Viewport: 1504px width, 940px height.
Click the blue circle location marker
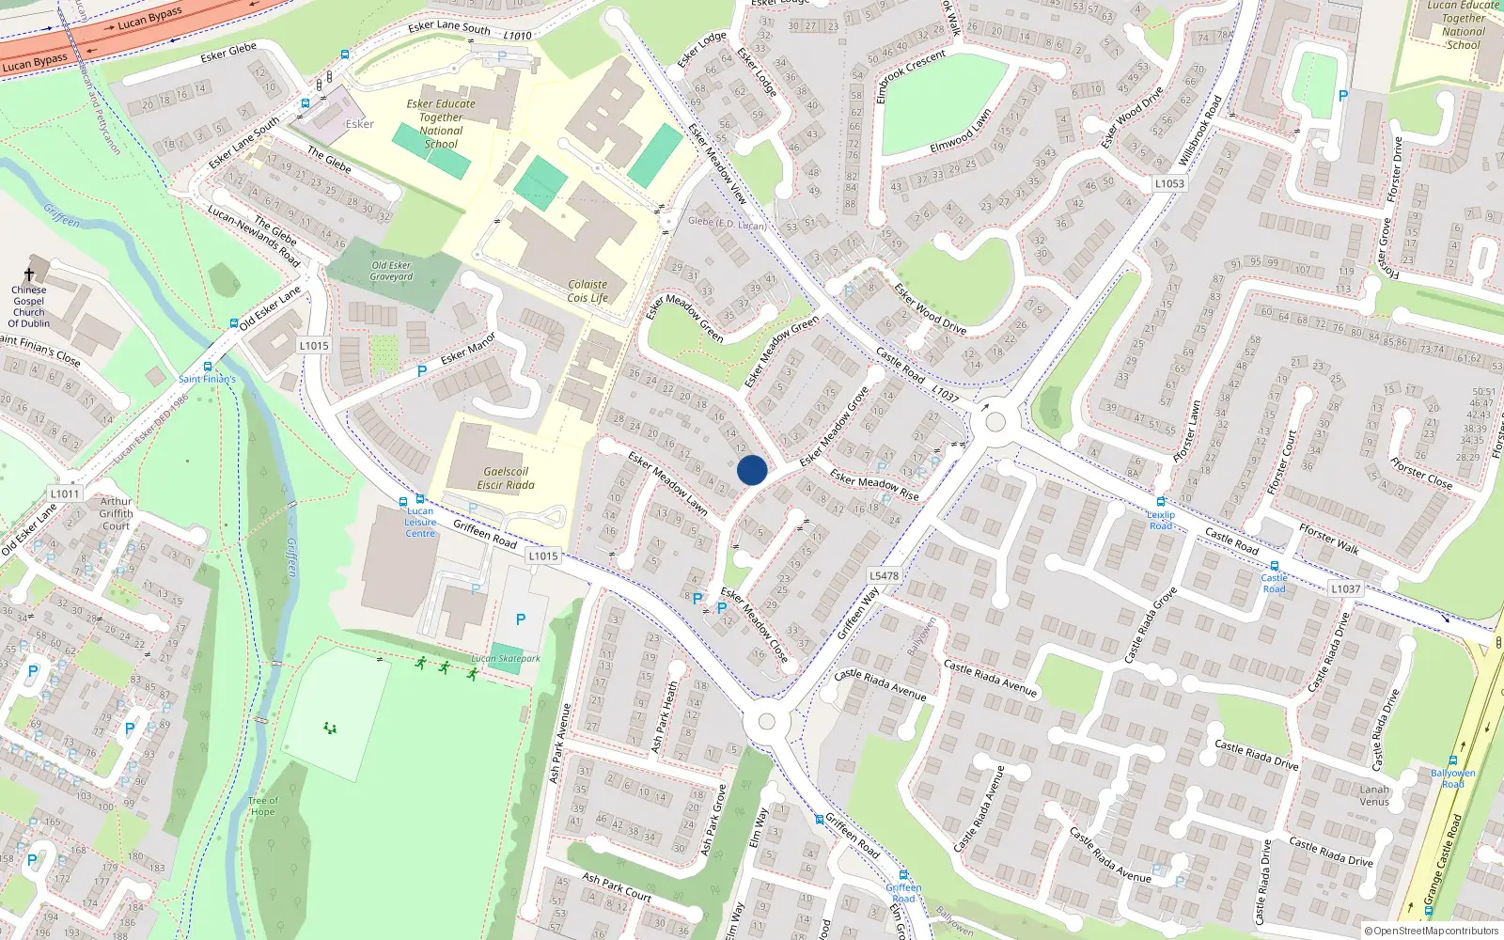[x=752, y=470]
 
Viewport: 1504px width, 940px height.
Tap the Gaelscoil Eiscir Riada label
[x=506, y=478]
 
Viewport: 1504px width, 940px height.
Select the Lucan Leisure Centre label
[x=420, y=523]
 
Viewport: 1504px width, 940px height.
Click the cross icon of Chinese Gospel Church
[x=29, y=274]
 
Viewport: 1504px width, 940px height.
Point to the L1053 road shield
[x=1169, y=183]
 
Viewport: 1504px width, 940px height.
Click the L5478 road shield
[x=884, y=575]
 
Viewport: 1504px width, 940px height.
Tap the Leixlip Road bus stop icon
[x=1161, y=503]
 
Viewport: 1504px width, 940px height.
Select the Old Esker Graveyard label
[x=391, y=271]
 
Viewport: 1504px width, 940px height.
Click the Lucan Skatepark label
[x=506, y=658]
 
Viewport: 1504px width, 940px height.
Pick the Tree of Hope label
[x=263, y=807]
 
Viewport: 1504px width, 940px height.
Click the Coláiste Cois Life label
[x=587, y=291]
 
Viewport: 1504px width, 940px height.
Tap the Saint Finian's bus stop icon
[x=208, y=367]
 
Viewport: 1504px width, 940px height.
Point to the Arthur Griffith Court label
[x=117, y=513]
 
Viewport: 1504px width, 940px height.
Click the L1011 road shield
[x=65, y=493]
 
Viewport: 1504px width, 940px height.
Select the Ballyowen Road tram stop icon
[x=1453, y=760]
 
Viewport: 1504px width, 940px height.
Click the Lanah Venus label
[x=1374, y=795]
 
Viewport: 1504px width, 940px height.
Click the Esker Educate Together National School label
[x=441, y=124]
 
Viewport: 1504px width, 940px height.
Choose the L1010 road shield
[x=518, y=36]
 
